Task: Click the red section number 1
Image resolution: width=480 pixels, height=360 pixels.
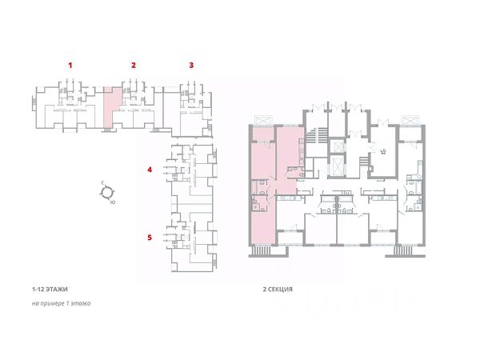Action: coord(70,66)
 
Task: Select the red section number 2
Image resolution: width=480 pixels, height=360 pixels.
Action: coord(134,66)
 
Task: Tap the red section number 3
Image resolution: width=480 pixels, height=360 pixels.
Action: coord(191,66)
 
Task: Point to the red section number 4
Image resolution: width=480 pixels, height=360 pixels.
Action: coord(150,170)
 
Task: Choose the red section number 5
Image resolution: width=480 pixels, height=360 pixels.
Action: coord(150,238)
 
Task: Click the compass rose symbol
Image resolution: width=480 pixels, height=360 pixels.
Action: coord(107,192)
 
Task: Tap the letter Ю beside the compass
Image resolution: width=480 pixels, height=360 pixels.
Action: coord(113,202)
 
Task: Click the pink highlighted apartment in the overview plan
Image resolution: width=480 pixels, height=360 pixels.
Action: coord(109,107)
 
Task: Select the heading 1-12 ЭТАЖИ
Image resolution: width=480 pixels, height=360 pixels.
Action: coord(50,290)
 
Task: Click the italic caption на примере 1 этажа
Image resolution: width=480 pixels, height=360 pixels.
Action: coord(62,304)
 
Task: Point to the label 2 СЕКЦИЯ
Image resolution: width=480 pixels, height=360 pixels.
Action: coord(278,290)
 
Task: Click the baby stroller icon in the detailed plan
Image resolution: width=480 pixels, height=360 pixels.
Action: coord(382,151)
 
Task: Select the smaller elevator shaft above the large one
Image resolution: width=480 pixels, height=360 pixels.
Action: coord(339,147)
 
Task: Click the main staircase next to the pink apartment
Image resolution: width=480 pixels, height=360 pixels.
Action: coord(316,134)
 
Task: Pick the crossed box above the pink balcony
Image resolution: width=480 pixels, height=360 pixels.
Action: coord(263,120)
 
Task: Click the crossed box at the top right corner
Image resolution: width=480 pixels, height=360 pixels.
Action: coord(411,120)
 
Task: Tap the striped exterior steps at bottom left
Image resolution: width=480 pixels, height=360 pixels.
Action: coord(262,250)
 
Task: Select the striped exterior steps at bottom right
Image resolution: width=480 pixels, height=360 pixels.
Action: coord(403,250)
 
